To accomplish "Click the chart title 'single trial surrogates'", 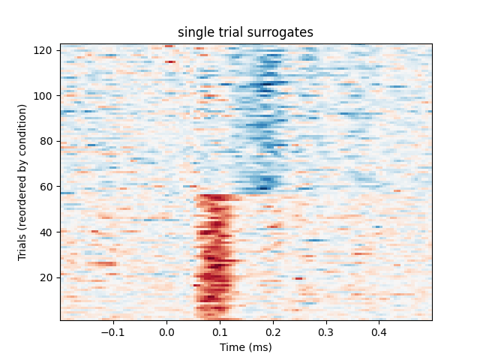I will click(245, 32).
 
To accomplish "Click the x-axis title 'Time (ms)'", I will click(245, 347).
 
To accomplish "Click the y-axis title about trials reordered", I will click(22, 182).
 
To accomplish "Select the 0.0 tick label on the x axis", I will click(166, 331).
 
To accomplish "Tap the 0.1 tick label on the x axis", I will click(220, 331).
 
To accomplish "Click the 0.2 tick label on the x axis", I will click(272, 331).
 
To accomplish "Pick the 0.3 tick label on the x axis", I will click(325, 331).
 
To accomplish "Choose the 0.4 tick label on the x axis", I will click(379, 331).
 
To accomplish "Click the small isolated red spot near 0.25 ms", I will click(298, 278).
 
